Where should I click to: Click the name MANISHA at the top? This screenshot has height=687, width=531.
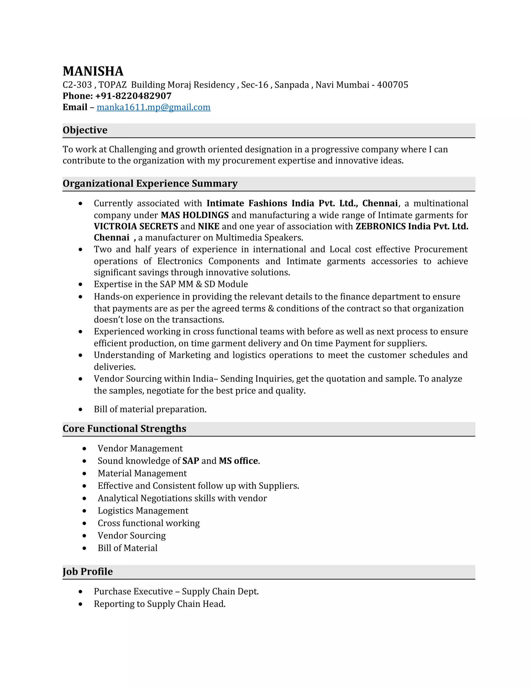pyautogui.click(x=93, y=71)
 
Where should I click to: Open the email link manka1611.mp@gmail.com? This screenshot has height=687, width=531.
pyautogui.click(x=153, y=107)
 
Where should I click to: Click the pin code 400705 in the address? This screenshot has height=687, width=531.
pyautogui.click(x=392, y=85)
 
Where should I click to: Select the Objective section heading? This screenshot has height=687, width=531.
pyautogui.click(x=85, y=130)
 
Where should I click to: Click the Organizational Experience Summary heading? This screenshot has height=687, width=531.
pyautogui.click(x=150, y=183)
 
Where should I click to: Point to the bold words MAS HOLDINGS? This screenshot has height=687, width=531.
pyautogui.click(x=195, y=215)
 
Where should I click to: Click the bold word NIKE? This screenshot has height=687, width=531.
pyautogui.click(x=208, y=227)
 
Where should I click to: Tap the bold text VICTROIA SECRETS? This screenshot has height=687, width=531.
pyautogui.click(x=136, y=227)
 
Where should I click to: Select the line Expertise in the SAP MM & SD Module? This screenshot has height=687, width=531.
pyautogui.click(x=171, y=284)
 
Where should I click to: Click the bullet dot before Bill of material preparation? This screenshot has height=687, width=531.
pyautogui.click(x=81, y=410)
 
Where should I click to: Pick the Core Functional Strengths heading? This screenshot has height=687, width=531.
pyautogui.click(x=124, y=429)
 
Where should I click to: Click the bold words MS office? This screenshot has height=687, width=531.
pyautogui.click(x=239, y=461)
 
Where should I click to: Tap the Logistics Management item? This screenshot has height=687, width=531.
pyautogui.click(x=143, y=510)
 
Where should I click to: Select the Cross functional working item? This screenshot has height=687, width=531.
pyautogui.click(x=149, y=523)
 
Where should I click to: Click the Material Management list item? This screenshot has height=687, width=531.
pyautogui.click(x=142, y=473)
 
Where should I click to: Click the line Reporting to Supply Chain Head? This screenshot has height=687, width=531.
pyautogui.click(x=159, y=604)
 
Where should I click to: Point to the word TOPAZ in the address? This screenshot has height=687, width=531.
pyautogui.click(x=112, y=85)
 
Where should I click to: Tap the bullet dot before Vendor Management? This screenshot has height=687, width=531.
pyautogui.click(x=84, y=449)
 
